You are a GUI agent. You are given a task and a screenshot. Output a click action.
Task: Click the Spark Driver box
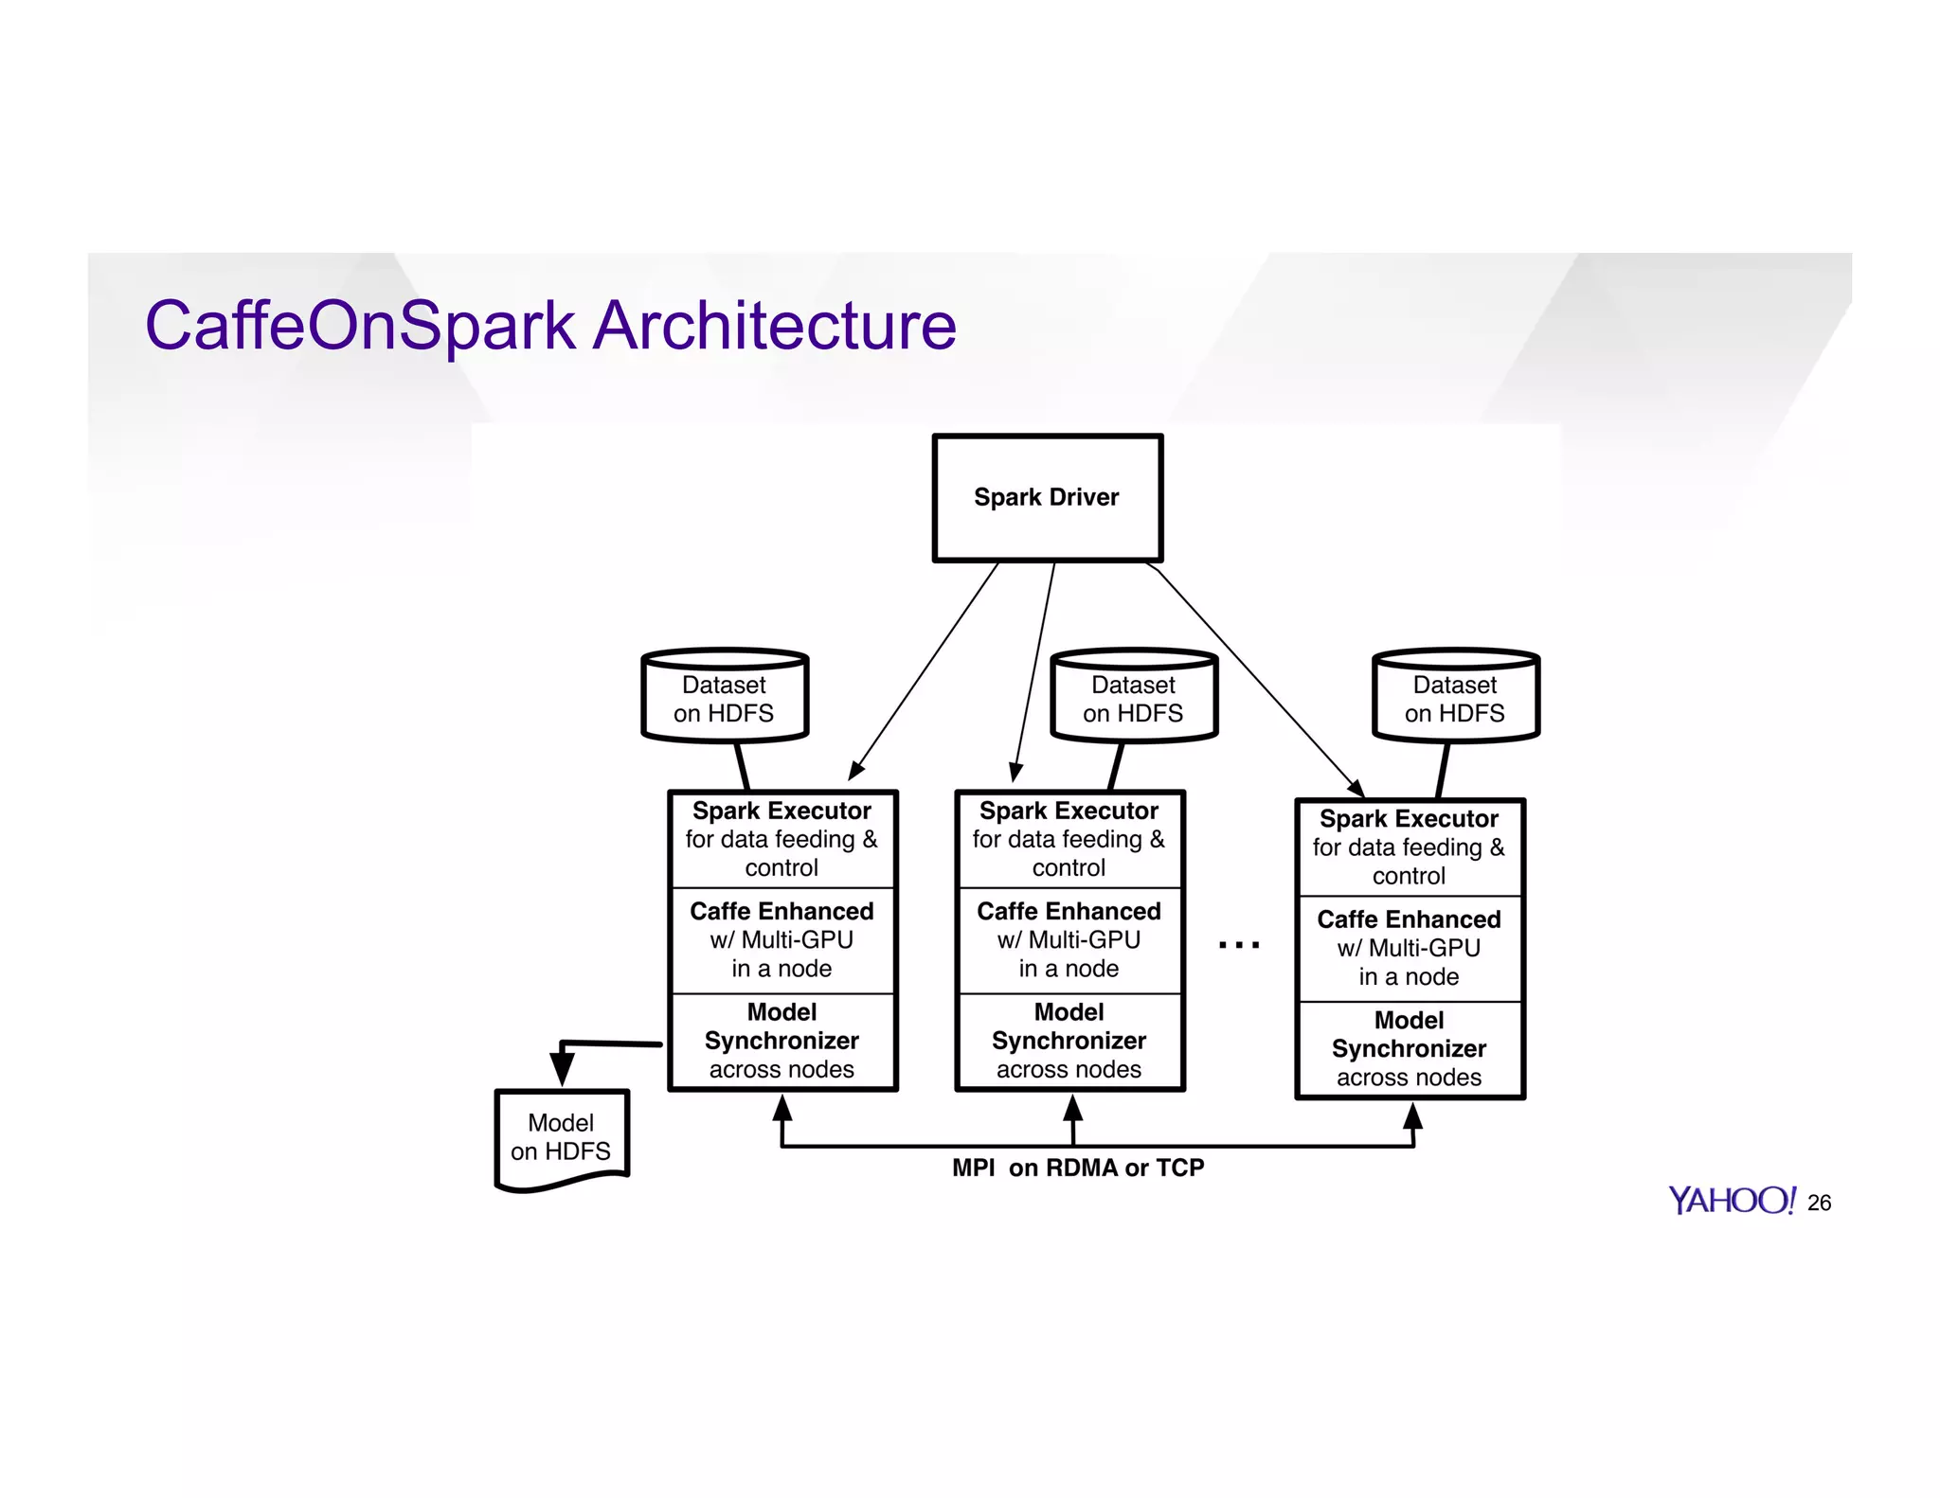pos(1047,498)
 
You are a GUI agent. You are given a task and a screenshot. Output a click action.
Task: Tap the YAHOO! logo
pos(1731,1201)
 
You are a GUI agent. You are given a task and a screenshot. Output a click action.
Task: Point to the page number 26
pos(1819,1203)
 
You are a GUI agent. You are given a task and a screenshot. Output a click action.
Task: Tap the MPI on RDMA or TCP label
pos(1078,1168)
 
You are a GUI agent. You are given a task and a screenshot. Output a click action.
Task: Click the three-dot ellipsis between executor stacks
pos(1239,944)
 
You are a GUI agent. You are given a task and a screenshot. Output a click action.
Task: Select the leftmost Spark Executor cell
pos(782,839)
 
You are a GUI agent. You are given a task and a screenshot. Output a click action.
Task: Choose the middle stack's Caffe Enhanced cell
pos(1069,940)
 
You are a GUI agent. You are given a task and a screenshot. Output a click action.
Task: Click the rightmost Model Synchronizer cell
pos(1410,1048)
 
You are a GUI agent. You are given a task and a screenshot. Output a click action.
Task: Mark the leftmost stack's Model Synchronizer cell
pos(782,1041)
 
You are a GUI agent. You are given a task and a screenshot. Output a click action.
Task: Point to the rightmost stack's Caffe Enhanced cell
pos(1410,948)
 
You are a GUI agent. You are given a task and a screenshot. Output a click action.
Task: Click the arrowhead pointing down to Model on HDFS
pos(562,1068)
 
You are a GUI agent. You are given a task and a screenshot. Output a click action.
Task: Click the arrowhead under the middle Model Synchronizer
pos(1072,1110)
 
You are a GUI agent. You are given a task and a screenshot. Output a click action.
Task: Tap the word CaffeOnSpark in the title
pos(360,326)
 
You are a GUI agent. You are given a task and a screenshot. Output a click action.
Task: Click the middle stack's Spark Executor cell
pos(1069,839)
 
